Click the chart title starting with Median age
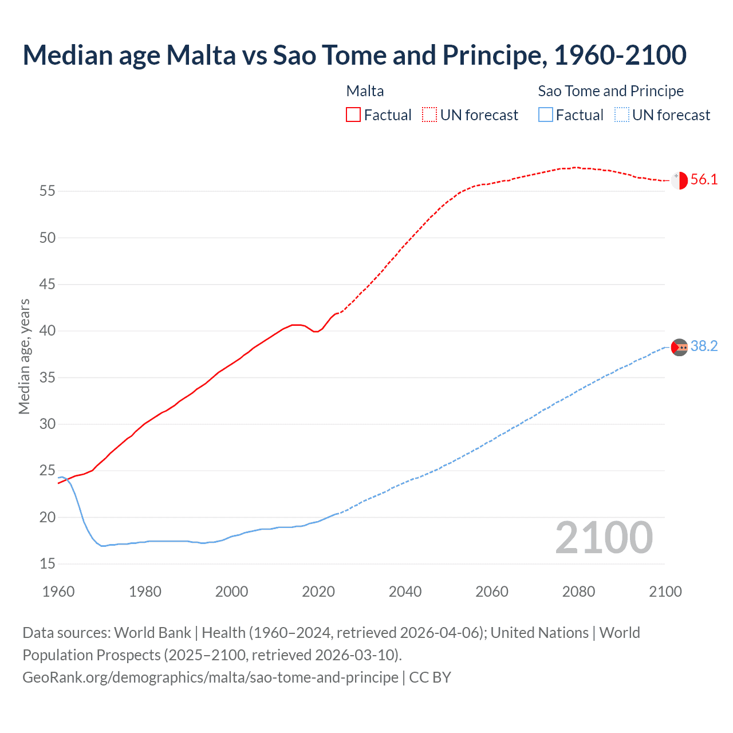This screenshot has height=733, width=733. coord(354,55)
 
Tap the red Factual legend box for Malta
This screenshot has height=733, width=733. coord(353,115)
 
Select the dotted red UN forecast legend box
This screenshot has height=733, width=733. coord(429,115)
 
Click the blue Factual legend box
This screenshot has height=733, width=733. coord(546,115)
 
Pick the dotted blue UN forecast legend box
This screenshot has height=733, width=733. coord(622,115)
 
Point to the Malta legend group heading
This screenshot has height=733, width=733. coord(365,91)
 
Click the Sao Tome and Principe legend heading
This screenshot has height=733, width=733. coord(610,91)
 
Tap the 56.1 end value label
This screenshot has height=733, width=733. coord(704,180)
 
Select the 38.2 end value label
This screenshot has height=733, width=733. coord(704,346)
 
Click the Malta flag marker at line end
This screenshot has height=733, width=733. coord(679,180)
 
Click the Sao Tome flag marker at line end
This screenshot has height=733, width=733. coord(679,347)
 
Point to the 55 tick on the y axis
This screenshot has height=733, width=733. coord(48,191)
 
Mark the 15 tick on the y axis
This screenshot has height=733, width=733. coord(48,564)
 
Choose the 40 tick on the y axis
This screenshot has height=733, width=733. coord(48,331)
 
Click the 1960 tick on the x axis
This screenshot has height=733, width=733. coord(58,592)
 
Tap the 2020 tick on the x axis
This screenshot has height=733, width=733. coord(318,592)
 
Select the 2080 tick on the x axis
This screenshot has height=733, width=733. coord(578,592)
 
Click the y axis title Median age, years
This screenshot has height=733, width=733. coord(24,356)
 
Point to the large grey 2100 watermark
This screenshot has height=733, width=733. coord(604,537)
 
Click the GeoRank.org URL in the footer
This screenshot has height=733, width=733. coord(210,677)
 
